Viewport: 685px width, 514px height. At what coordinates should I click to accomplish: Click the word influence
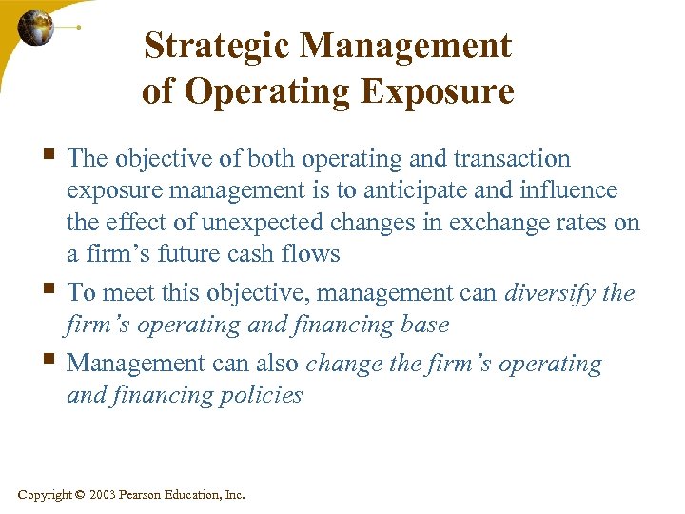tap(569, 190)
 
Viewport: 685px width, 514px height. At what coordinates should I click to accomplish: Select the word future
tap(202, 255)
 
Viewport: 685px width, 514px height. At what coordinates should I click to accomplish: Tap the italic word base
tap(423, 325)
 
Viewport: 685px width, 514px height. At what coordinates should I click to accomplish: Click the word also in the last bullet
tap(278, 363)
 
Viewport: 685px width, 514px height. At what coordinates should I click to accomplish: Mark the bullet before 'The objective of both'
tap(51, 156)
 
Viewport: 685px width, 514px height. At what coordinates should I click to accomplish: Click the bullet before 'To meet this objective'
tap(51, 290)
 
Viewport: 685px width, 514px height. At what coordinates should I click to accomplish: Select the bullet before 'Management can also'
tap(51, 361)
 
